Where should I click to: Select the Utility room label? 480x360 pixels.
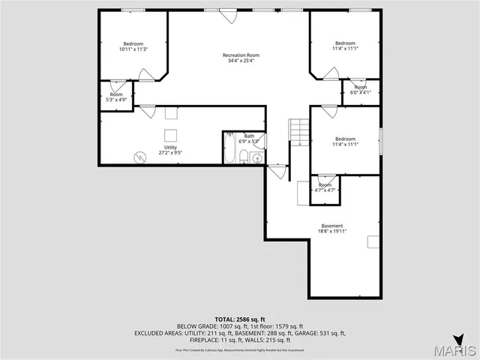(x=171, y=147)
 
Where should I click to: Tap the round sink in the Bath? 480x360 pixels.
(x=256, y=157)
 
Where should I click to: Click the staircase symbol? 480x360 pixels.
(x=300, y=132)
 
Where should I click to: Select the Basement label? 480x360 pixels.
(x=332, y=226)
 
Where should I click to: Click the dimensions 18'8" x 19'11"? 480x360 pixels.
(x=332, y=232)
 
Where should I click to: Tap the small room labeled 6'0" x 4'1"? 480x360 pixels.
(x=361, y=90)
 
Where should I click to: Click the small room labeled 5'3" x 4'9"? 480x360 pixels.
(x=116, y=97)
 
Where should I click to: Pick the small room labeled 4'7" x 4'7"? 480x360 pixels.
(x=325, y=187)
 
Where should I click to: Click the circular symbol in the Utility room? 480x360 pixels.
(x=139, y=157)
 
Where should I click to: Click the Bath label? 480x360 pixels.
(x=249, y=136)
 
